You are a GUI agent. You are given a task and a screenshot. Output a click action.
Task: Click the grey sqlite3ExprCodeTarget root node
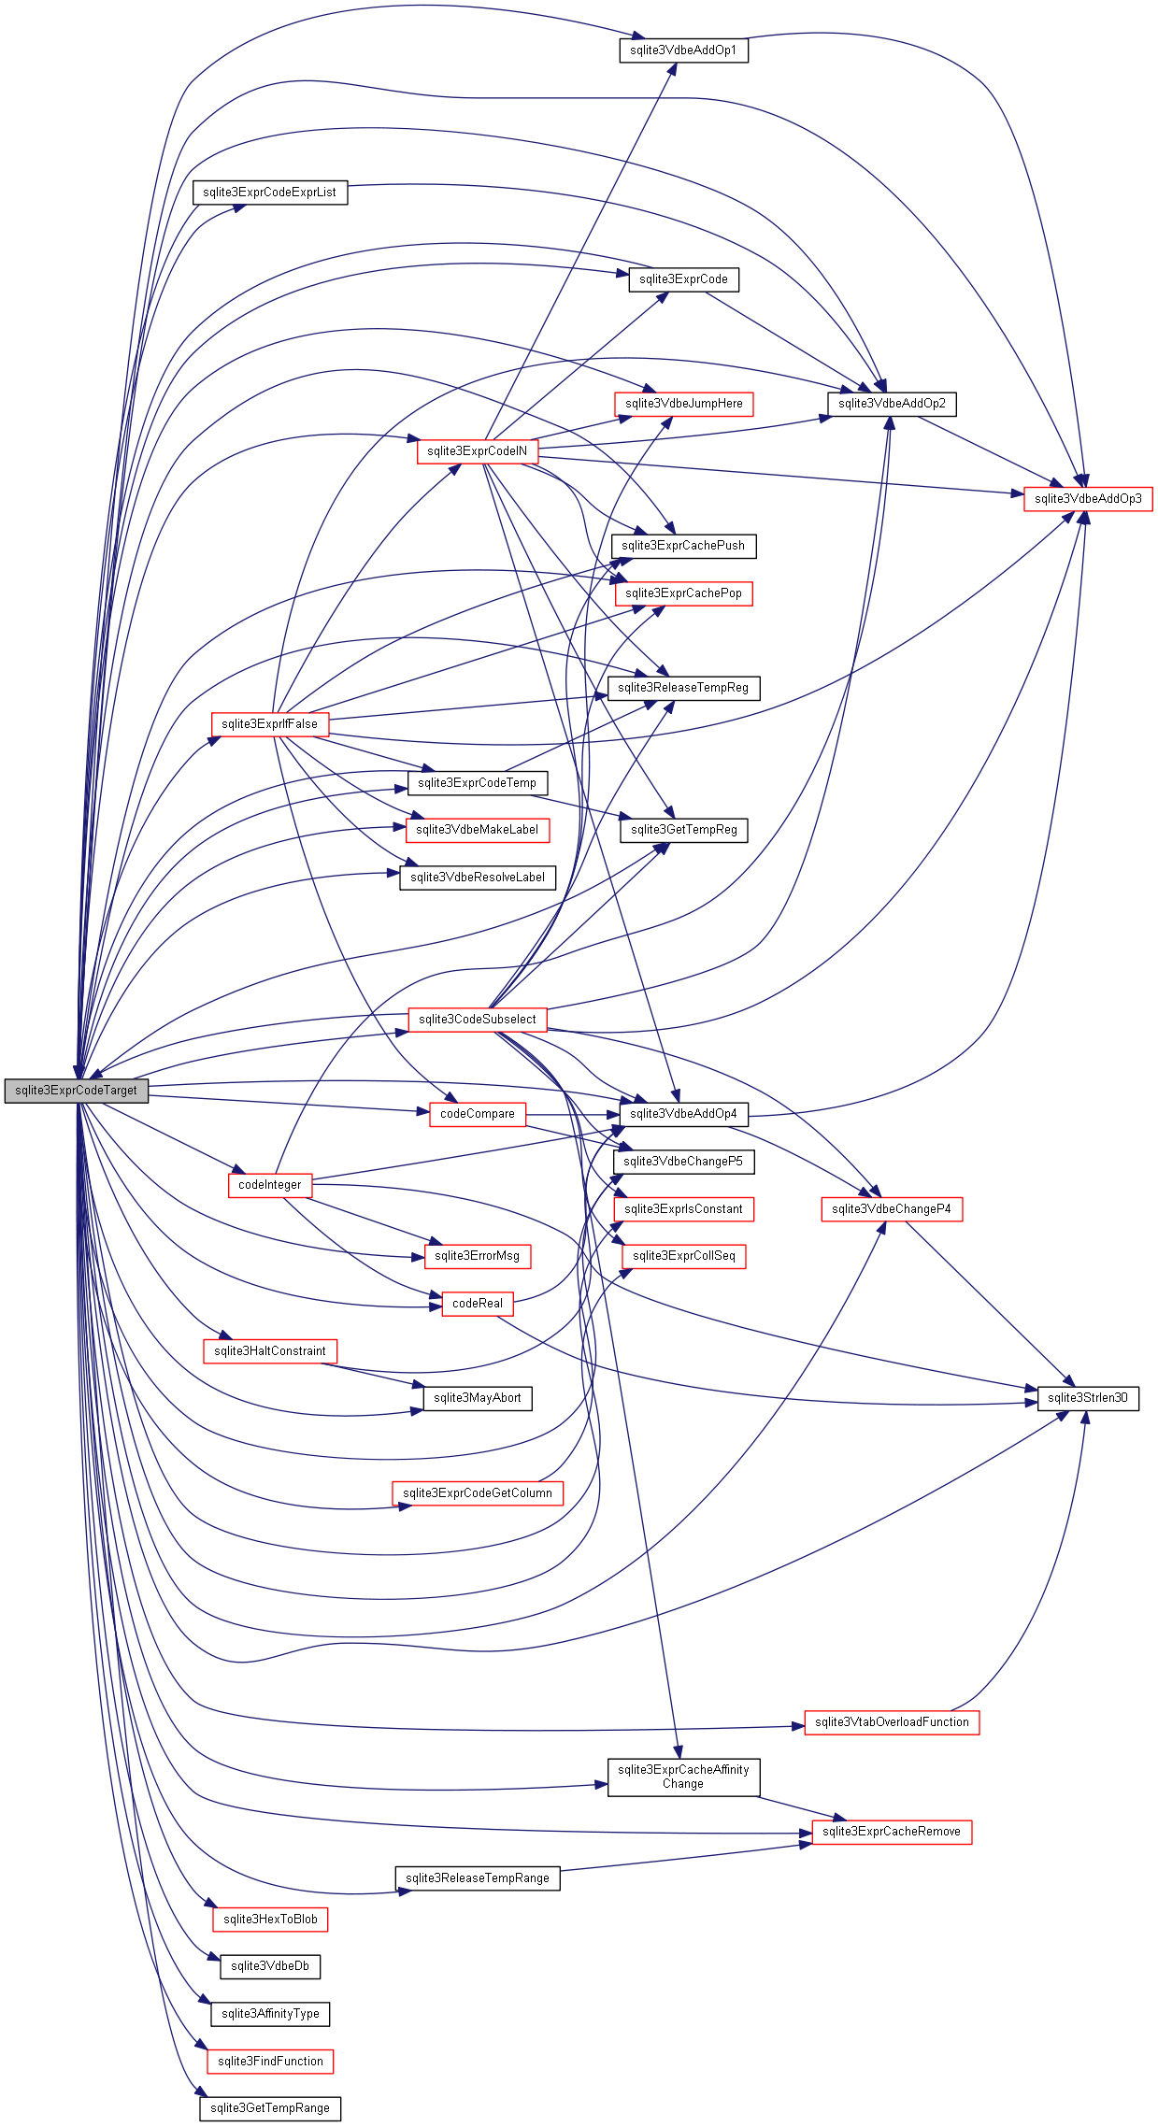pyautogui.click(x=76, y=1091)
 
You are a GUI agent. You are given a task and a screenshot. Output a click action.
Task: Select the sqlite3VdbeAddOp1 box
pyautogui.click(x=683, y=50)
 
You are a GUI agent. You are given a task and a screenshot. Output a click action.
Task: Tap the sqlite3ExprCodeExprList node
pyautogui.click(x=269, y=193)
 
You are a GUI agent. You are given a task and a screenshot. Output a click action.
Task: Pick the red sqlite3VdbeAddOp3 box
pyautogui.click(x=1088, y=499)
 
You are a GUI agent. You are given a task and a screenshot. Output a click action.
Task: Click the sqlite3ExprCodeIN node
pyautogui.click(x=477, y=451)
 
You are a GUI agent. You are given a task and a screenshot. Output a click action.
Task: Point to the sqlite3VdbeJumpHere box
pyautogui.click(x=683, y=404)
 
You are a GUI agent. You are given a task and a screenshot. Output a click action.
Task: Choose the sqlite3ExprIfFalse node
pyautogui.click(x=269, y=724)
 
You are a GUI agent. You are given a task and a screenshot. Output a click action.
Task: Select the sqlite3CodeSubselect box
pyautogui.click(x=477, y=1020)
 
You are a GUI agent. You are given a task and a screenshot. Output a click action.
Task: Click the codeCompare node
pyautogui.click(x=477, y=1114)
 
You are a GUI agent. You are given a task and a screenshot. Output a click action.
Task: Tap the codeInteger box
pyautogui.click(x=269, y=1185)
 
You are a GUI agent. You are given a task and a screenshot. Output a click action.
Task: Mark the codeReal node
pyautogui.click(x=477, y=1304)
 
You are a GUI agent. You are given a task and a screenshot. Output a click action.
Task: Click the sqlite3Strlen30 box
pyautogui.click(x=1088, y=1398)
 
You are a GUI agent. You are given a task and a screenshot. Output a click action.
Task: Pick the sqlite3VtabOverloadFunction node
pyautogui.click(x=892, y=1722)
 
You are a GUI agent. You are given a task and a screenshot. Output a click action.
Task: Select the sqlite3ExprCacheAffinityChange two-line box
pyautogui.click(x=683, y=1777)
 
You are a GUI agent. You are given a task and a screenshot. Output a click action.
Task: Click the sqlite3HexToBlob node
pyautogui.click(x=269, y=1920)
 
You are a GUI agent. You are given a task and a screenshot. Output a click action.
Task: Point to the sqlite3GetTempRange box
pyautogui.click(x=269, y=2108)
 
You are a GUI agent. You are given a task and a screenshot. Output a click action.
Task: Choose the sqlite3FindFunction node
pyautogui.click(x=269, y=2061)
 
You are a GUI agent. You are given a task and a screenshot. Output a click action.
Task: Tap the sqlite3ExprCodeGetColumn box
pyautogui.click(x=477, y=1493)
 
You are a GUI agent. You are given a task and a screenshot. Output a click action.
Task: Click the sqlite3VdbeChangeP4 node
pyautogui.click(x=892, y=1209)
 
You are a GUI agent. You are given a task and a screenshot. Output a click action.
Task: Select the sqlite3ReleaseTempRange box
pyautogui.click(x=477, y=1878)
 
